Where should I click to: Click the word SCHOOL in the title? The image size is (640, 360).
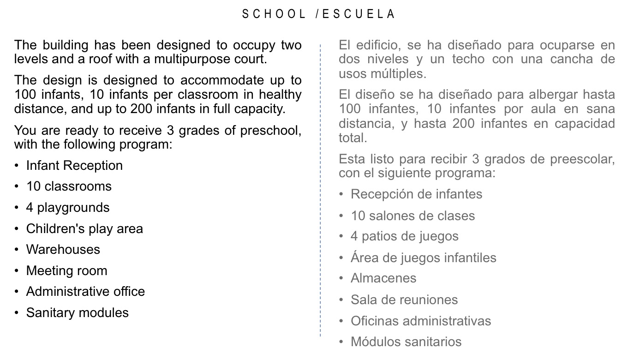tap(274, 14)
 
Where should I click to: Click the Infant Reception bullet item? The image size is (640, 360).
tap(74, 166)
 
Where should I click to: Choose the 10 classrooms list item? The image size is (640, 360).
tap(69, 186)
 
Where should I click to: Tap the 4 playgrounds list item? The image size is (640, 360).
tap(68, 208)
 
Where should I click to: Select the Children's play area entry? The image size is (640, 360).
tap(84, 229)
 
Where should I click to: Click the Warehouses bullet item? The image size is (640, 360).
tap(63, 250)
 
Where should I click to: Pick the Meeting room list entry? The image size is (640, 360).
tap(66, 271)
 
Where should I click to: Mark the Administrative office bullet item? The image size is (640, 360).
tap(85, 292)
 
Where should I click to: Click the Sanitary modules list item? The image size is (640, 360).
tap(77, 313)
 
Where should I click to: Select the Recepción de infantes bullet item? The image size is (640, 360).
tap(416, 194)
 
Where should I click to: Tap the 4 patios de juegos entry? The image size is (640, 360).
tap(404, 236)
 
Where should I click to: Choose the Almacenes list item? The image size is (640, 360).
tap(383, 278)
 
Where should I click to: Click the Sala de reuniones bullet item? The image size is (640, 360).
tap(404, 300)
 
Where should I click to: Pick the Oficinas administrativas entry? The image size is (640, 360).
tap(420, 321)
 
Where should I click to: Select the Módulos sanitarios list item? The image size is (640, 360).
tap(406, 342)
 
